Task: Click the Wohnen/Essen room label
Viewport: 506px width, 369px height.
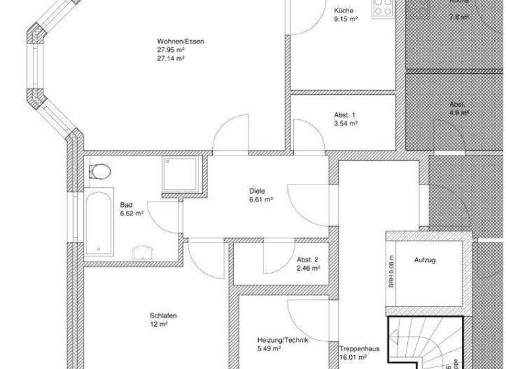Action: pyautogui.click(x=181, y=41)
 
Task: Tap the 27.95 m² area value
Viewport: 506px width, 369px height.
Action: pyautogui.click(x=171, y=49)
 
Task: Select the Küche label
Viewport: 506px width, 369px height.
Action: pyautogui.click(x=344, y=11)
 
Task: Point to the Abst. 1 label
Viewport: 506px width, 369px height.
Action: pyautogui.click(x=345, y=114)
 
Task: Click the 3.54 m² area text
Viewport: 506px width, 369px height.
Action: pyautogui.click(x=346, y=123)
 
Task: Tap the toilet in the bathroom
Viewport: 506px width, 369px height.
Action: pyautogui.click(x=99, y=171)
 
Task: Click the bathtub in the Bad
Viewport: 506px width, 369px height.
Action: pyautogui.click(x=99, y=223)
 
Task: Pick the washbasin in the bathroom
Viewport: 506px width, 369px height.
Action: pyautogui.click(x=144, y=252)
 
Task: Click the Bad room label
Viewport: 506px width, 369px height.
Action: pyautogui.click(x=126, y=205)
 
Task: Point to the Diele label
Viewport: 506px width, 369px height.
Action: pyautogui.click(x=257, y=190)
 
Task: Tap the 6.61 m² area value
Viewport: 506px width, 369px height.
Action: pyautogui.click(x=261, y=199)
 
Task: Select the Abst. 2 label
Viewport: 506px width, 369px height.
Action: pyautogui.click(x=308, y=260)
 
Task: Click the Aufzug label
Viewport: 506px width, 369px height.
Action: pyautogui.click(x=425, y=260)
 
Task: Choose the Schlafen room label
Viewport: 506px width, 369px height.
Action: pyautogui.click(x=163, y=316)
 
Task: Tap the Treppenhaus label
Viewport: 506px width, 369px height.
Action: pyautogui.click(x=358, y=349)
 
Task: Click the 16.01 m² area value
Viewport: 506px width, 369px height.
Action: pyautogui.click(x=354, y=358)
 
